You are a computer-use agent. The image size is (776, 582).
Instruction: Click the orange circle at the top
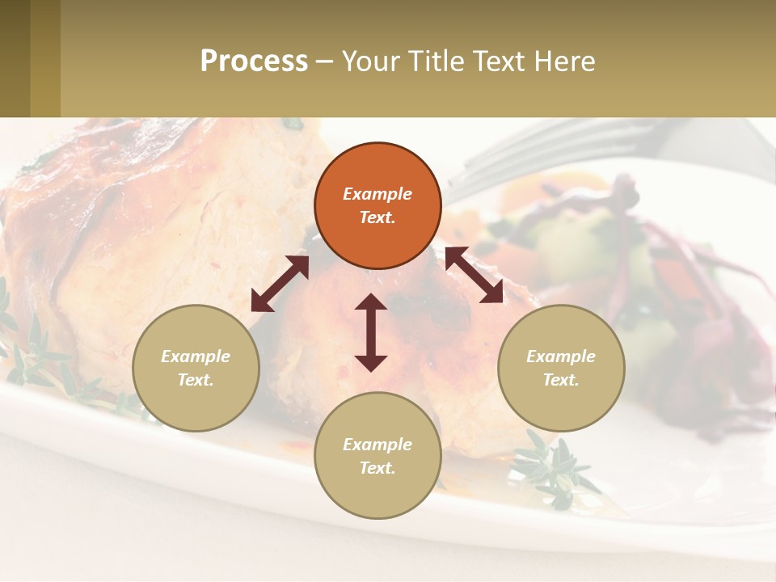[377, 205]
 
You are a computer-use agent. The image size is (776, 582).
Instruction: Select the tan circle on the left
[196, 368]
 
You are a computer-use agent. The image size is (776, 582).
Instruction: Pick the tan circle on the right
[561, 368]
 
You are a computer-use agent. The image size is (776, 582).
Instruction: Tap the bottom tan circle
[377, 455]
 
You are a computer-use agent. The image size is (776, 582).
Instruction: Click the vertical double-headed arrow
[371, 332]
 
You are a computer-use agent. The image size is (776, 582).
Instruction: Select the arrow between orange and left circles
[280, 284]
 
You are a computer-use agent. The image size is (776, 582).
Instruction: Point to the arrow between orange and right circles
[474, 275]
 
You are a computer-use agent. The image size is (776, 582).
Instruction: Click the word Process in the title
[254, 61]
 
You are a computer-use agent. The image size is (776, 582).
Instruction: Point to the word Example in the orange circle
[377, 194]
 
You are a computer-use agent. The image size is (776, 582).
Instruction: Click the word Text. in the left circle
[196, 380]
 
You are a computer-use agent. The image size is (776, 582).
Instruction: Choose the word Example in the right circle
[561, 356]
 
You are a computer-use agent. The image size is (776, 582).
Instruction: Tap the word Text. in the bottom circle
[377, 468]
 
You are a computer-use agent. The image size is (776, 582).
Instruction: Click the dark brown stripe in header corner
[15, 58]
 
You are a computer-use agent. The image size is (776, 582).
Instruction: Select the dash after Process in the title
[324, 61]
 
